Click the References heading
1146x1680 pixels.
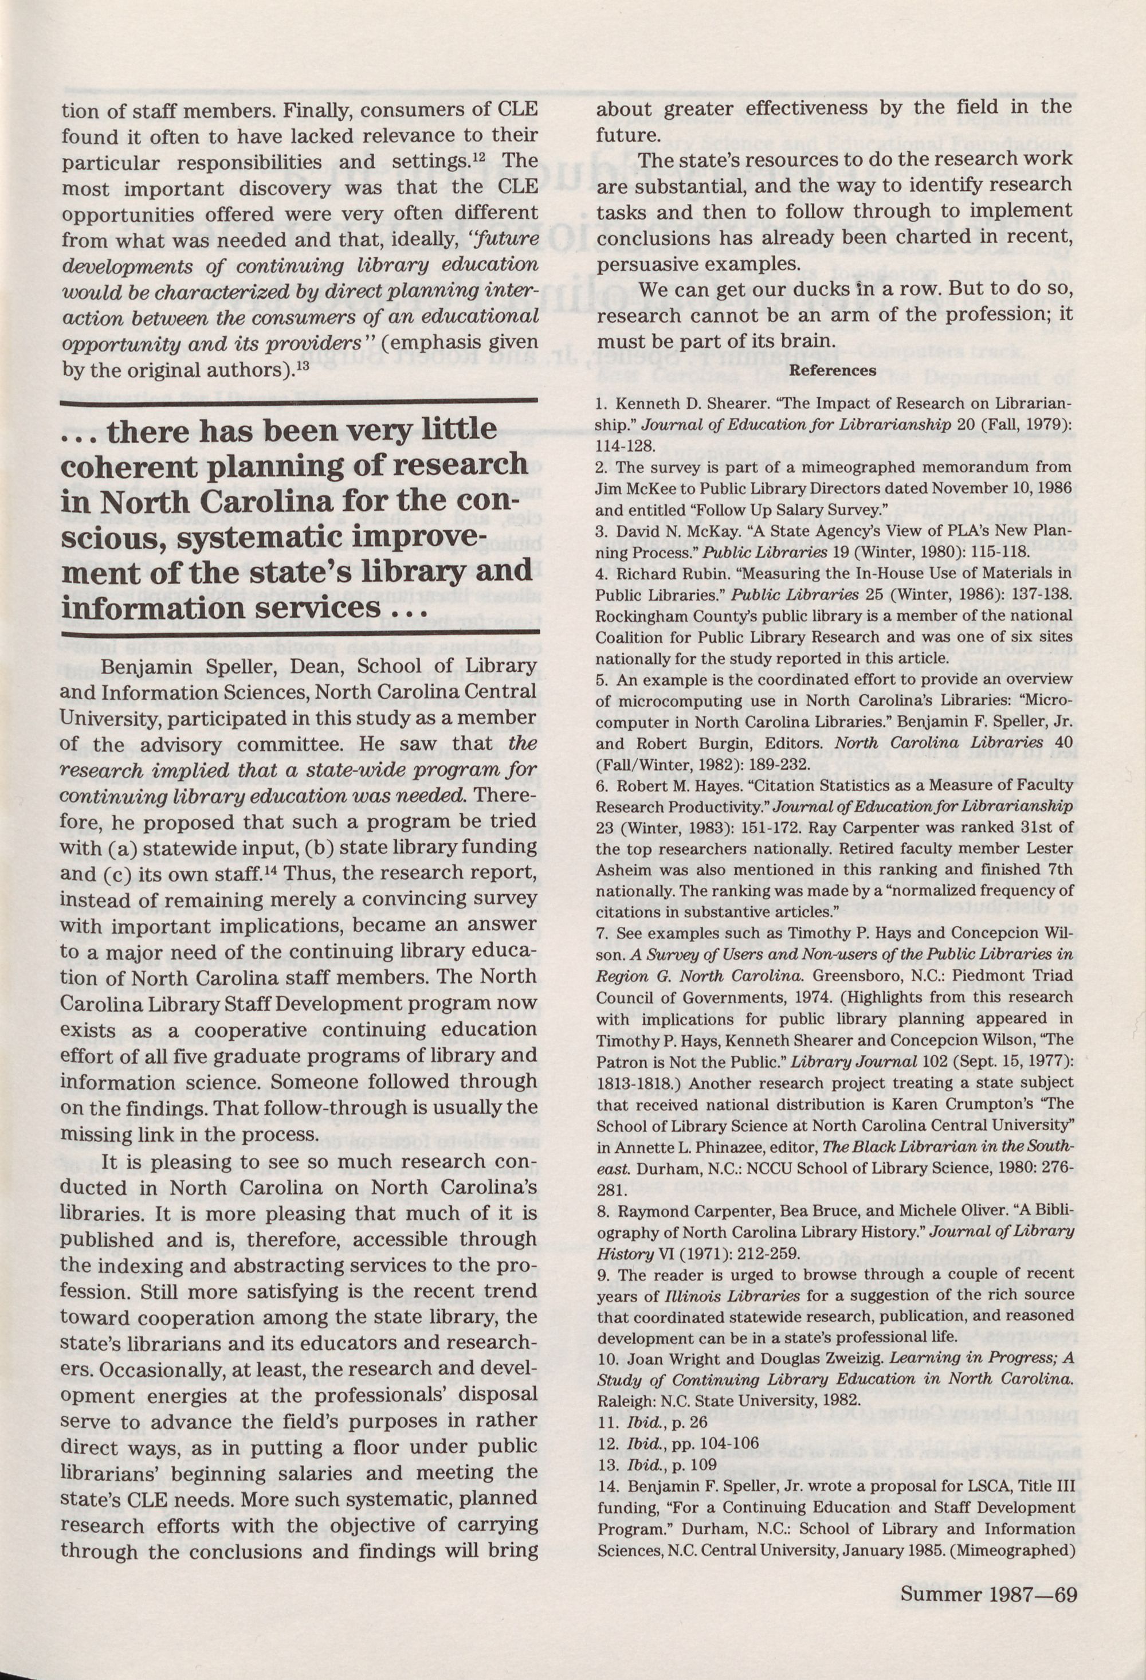(x=833, y=371)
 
